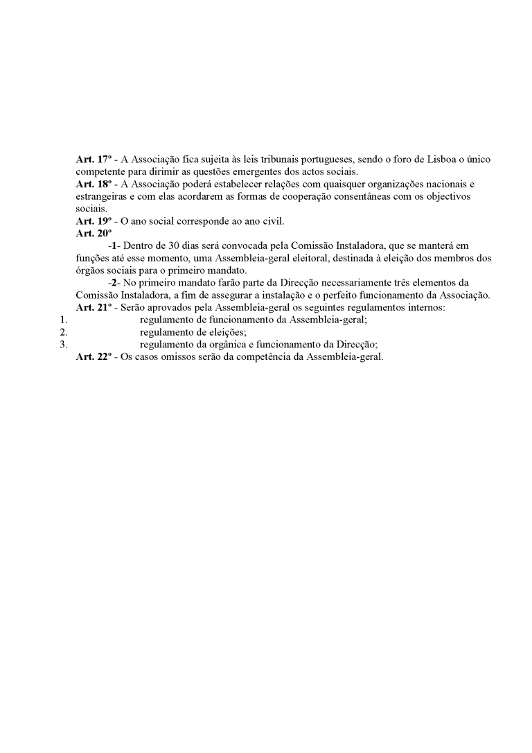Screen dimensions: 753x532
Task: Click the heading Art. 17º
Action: (x=92, y=159)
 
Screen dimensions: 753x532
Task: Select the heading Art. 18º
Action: (x=92, y=184)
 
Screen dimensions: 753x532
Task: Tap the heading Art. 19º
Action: (x=92, y=221)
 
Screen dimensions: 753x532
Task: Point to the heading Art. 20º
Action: (x=92, y=234)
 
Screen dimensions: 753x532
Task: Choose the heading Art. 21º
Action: (x=92, y=307)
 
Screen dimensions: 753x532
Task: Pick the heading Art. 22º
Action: (x=92, y=357)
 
